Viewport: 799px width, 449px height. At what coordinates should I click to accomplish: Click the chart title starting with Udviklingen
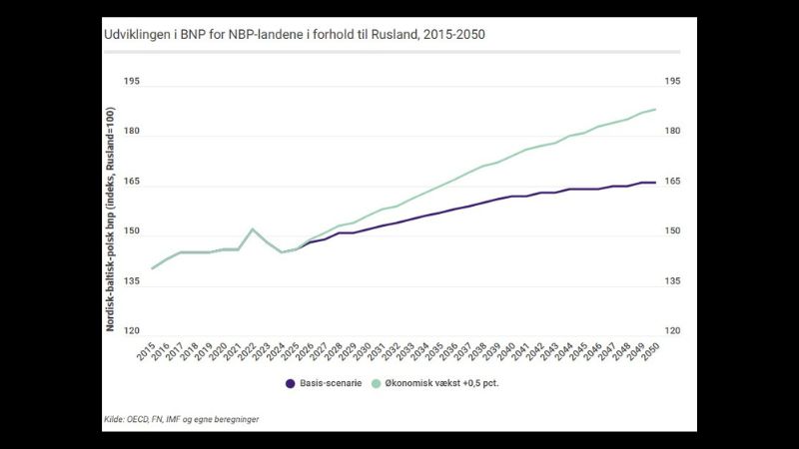tap(295, 34)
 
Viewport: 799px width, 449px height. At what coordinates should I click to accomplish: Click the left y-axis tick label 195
tap(132, 81)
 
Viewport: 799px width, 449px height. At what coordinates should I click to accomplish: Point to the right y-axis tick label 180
tap(672, 131)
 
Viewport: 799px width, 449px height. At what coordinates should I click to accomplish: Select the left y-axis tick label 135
tap(132, 281)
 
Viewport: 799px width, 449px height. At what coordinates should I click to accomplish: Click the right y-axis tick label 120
tap(672, 331)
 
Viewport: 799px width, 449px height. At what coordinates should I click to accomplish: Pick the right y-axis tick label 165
tap(672, 182)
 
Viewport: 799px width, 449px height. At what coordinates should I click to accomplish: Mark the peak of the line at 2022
tap(253, 229)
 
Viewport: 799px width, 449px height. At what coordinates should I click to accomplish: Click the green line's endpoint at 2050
tap(655, 109)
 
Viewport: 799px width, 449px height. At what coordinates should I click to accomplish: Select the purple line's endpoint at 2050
tap(655, 183)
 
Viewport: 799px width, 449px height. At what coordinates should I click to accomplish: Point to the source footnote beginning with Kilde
tap(181, 419)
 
